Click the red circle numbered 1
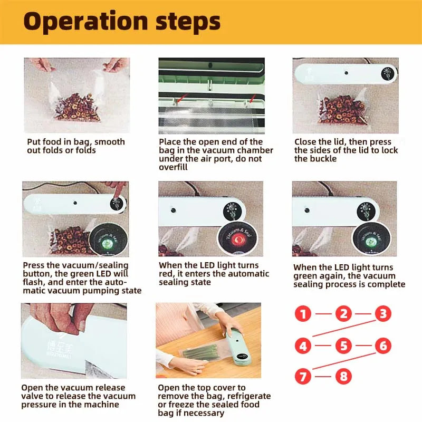click(x=303, y=315)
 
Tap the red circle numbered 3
click(x=383, y=314)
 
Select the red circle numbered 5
click(x=343, y=347)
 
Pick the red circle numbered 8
click(x=343, y=377)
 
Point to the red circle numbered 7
click(x=303, y=377)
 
